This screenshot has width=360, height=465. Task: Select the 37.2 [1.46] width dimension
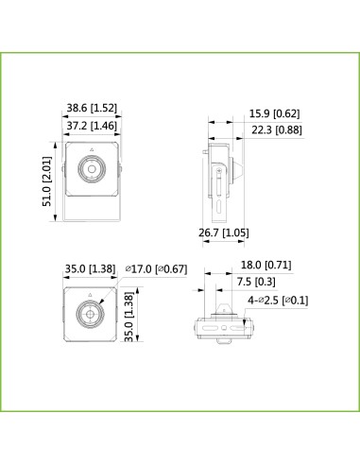click(92, 124)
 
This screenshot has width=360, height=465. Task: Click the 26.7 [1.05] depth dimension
click(222, 233)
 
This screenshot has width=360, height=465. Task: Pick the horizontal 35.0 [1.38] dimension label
click(89, 269)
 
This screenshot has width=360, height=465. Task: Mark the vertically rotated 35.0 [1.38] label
click(141, 319)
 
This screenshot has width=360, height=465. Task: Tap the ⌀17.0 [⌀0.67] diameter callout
click(156, 269)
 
